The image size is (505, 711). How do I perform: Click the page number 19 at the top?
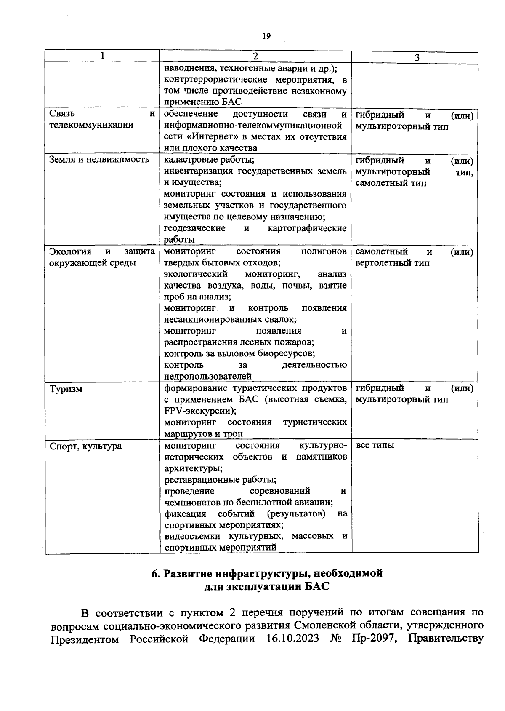[x=266, y=36]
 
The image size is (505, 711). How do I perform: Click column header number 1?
[x=102, y=56]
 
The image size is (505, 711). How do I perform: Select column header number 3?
[x=416, y=58]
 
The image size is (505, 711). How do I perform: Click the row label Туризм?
[x=66, y=389]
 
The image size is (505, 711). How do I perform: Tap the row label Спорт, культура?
[x=85, y=446]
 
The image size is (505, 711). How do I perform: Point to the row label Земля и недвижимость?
[x=99, y=160]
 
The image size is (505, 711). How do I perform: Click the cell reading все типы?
[x=375, y=445]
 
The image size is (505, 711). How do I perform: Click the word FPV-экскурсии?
[x=200, y=411]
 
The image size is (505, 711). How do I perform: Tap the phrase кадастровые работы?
[x=209, y=160]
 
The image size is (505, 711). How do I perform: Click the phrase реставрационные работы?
[x=220, y=480]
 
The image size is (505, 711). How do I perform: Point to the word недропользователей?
[x=207, y=376]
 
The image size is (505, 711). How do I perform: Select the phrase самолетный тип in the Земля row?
[x=391, y=183]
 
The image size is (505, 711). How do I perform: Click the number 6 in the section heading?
[x=155, y=574]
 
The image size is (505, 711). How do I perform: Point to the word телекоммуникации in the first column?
[x=91, y=125]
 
